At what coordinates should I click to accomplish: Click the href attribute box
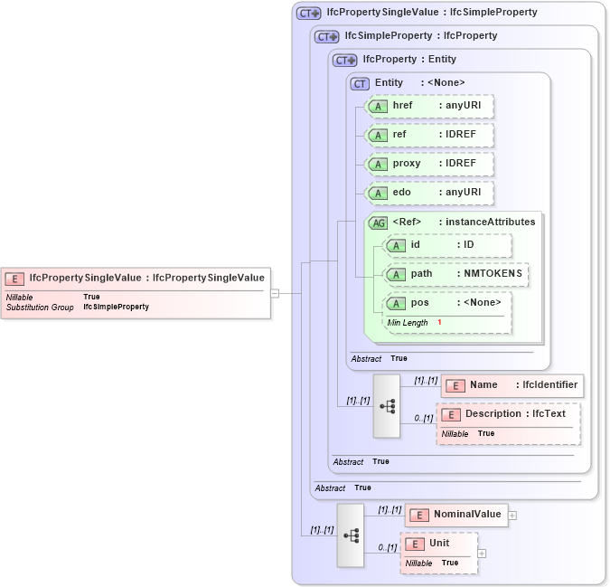coord(428,107)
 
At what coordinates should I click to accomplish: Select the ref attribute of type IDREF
coord(428,135)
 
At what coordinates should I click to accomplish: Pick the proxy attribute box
coord(428,164)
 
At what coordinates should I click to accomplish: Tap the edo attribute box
coord(428,193)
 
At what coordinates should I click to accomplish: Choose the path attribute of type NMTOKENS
coord(456,273)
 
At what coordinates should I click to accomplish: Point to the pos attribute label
coord(420,302)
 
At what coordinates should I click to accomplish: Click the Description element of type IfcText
coord(508,414)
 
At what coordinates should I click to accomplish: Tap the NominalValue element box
coord(455,515)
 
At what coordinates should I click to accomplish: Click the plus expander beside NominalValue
coord(512,515)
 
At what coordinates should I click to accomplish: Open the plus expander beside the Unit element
coord(482,553)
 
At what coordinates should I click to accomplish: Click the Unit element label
coord(439,543)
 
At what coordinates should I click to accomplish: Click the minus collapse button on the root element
coord(275,292)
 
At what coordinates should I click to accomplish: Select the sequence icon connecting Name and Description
coord(387,406)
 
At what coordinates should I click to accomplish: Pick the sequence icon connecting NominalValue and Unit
coord(351,535)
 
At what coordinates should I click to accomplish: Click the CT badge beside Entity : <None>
coord(360,83)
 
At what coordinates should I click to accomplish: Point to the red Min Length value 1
coord(439,323)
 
